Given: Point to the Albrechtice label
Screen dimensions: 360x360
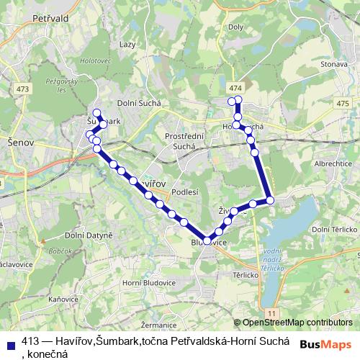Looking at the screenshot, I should (331, 164).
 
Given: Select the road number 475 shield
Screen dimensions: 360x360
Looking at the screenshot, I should (342, 104).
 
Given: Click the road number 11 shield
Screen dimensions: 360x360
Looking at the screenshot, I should (271, 314).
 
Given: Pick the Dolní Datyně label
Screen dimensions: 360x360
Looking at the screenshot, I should (89, 235).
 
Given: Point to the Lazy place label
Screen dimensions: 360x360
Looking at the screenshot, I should (128, 45).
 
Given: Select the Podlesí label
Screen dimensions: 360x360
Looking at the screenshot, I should (185, 192).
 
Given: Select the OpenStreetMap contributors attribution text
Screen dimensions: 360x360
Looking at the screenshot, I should (298, 323).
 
